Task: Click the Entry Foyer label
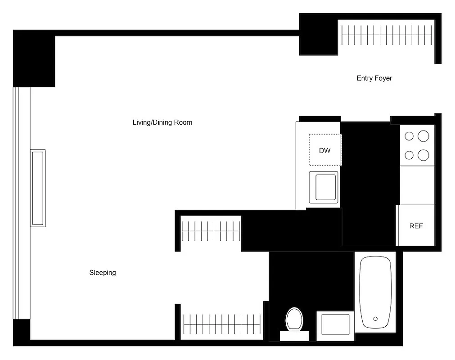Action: tap(374, 78)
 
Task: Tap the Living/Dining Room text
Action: tap(162, 122)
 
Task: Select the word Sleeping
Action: tap(103, 273)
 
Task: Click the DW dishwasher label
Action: tap(324, 150)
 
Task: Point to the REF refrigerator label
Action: tap(416, 226)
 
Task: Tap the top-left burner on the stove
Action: tap(409, 136)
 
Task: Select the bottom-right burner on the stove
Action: tap(423, 155)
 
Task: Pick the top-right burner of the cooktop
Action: tap(423, 135)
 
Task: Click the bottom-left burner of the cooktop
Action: tap(409, 155)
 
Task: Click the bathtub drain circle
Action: tap(376, 319)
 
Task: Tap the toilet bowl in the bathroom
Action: tap(294, 319)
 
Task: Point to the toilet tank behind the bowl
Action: tap(294, 336)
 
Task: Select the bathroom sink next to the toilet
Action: tap(335, 325)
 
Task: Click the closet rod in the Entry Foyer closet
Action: tap(387, 35)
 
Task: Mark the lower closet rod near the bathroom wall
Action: tap(222, 325)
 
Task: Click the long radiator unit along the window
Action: tap(37, 188)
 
